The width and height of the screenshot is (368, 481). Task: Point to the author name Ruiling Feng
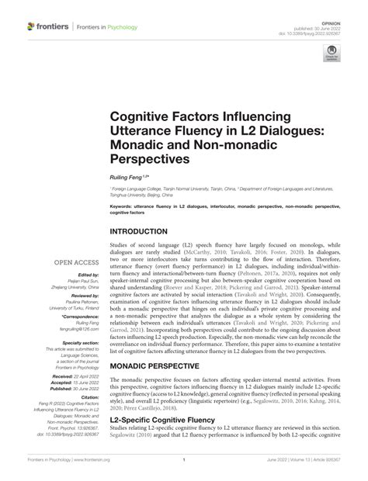click(127, 178)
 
